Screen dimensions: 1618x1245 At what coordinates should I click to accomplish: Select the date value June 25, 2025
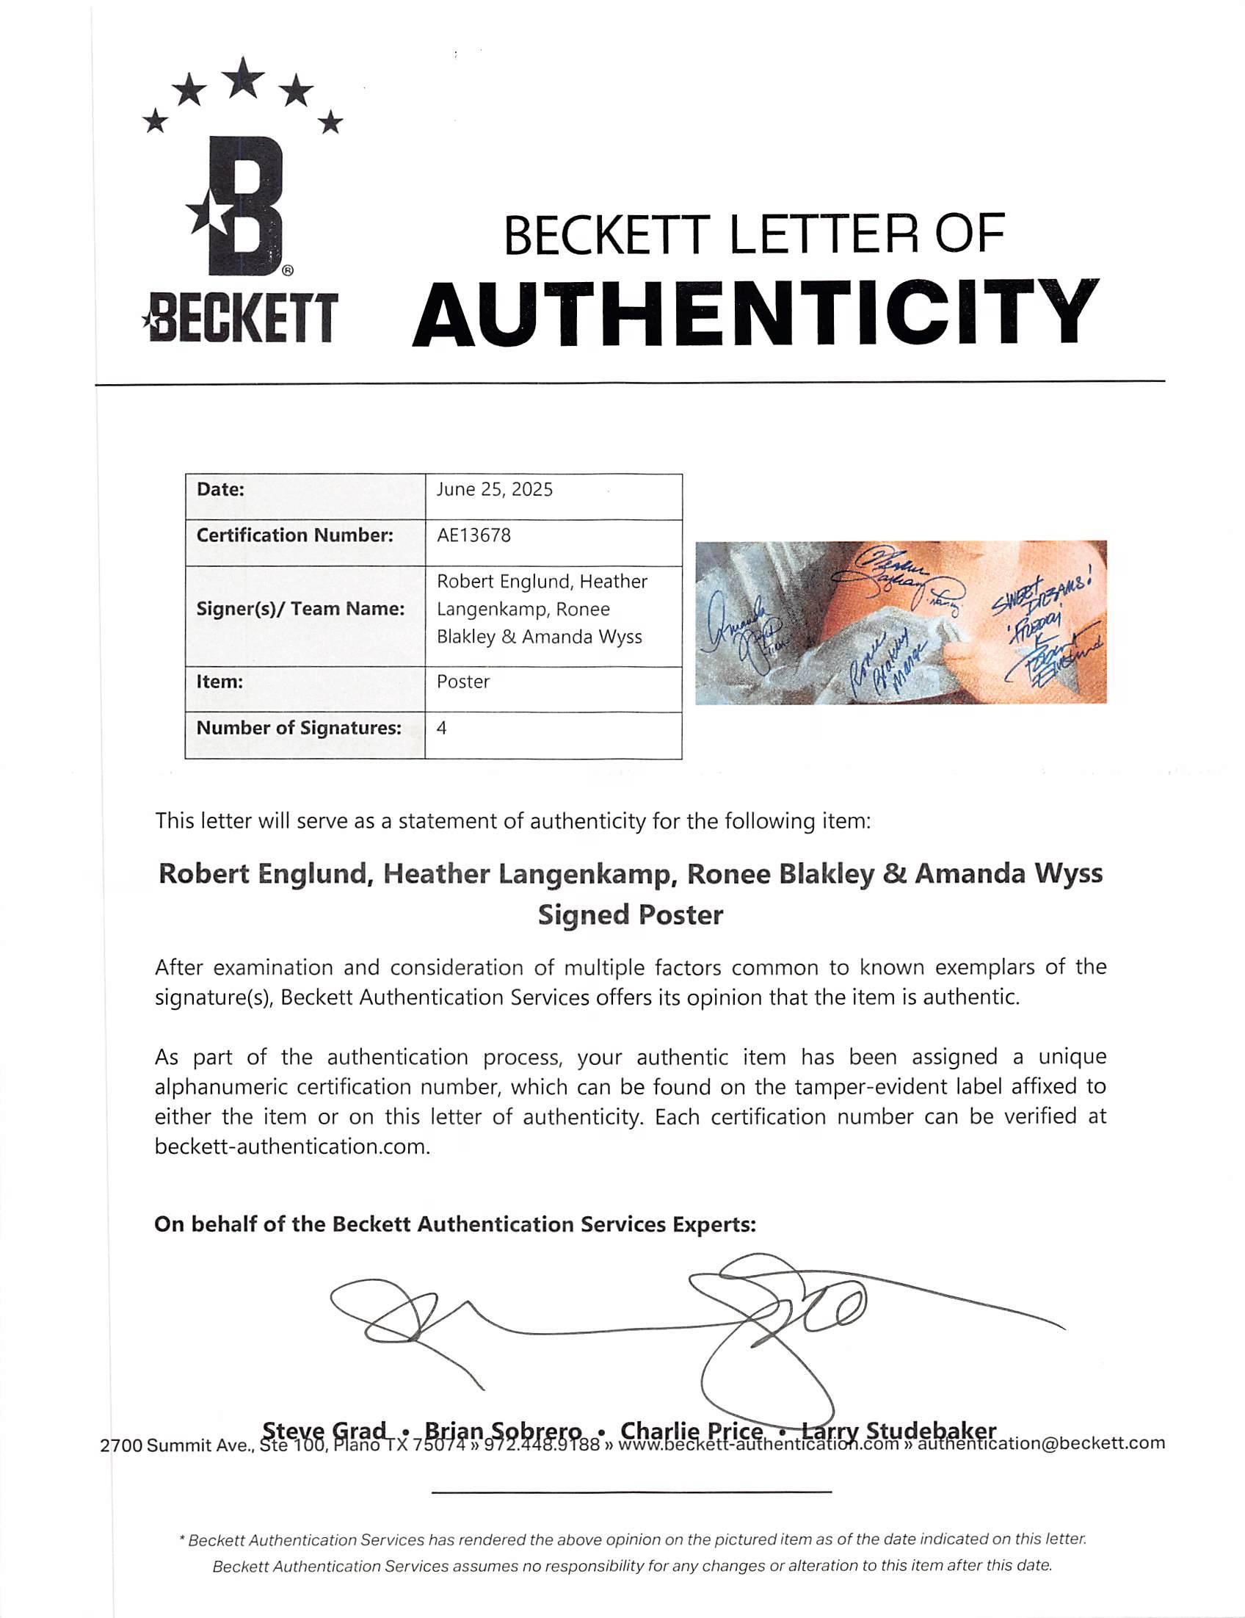click(x=494, y=490)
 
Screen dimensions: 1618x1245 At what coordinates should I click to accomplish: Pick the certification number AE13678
click(x=473, y=535)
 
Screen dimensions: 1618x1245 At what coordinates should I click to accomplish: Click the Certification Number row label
click(x=294, y=535)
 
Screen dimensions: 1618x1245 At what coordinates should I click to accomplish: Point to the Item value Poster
click(x=463, y=682)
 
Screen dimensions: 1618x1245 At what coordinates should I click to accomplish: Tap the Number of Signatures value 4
click(x=441, y=728)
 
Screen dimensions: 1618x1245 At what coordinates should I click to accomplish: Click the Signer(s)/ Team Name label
click(x=300, y=609)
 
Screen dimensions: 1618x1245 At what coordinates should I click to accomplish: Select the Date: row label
click(x=220, y=490)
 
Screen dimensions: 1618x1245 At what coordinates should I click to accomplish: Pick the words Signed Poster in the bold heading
click(x=630, y=916)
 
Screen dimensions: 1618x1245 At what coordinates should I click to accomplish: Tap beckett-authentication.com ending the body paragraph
click(x=292, y=1146)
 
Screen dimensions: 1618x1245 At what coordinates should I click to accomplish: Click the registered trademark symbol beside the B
click(x=288, y=271)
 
